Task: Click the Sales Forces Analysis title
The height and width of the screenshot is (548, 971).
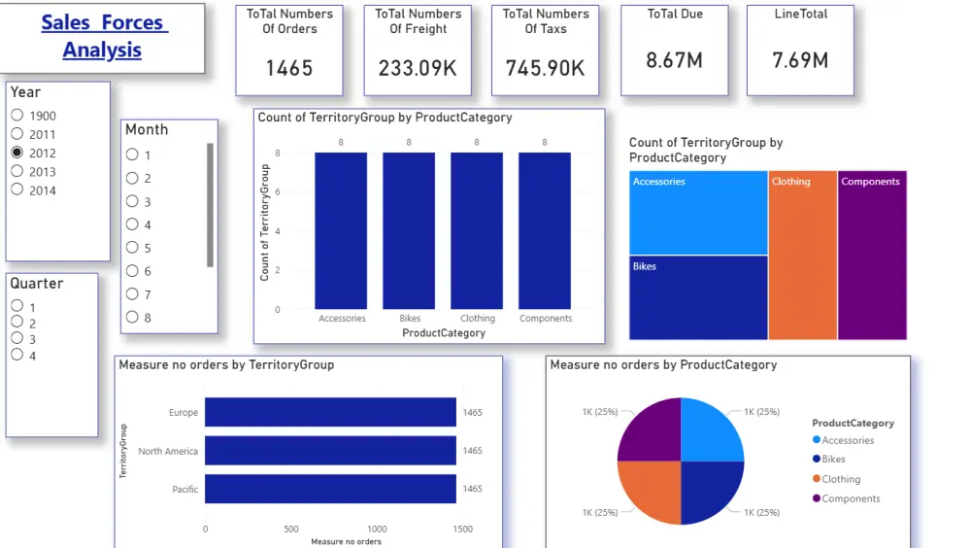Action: click(103, 36)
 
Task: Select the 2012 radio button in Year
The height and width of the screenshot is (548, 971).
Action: click(17, 153)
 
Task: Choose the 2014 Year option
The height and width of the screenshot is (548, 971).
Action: click(17, 190)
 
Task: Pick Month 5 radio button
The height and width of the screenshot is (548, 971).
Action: click(132, 248)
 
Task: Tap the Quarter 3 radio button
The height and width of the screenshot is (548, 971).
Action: click(17, 339)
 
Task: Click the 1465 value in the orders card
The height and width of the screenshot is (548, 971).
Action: click(289, 68)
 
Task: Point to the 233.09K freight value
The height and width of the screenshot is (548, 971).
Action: click(418, 68)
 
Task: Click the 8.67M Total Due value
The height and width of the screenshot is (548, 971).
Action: click(674, 60)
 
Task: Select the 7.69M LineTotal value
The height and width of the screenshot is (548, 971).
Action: click(800, 60)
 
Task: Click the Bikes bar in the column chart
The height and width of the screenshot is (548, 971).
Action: click(409, 230)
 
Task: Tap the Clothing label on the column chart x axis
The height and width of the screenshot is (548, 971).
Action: click(477, 319)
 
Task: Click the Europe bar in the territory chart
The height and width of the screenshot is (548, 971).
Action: click(330, 412)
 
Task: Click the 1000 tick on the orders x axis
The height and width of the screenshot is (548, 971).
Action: click(377, 530)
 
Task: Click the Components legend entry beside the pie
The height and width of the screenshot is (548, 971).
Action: click(850, 498)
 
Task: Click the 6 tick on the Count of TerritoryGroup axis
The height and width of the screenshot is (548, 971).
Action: click(278, 192)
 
